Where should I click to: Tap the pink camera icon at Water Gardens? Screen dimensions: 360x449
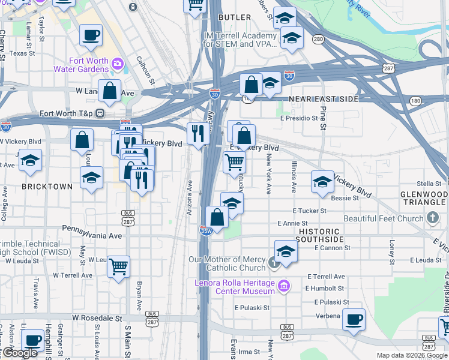point(118,62)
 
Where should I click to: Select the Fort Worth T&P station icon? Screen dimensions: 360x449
point(100,113)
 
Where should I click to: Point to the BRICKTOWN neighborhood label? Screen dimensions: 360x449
point(47,187)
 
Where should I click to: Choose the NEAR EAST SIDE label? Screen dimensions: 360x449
point(324,99)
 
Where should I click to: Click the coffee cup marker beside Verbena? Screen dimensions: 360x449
point(354,319)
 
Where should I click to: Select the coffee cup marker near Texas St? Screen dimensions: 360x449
point(91,35)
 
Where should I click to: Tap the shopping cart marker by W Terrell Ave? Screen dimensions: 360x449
point(119,265)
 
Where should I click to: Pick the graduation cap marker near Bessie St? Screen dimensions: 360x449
point(322,181)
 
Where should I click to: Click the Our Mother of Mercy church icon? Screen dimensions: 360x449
point(274,262)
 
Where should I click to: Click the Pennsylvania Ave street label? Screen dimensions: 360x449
point(92,229)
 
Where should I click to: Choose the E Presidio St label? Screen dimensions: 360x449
point(298,118)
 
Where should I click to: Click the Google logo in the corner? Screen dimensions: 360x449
point(20,353)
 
